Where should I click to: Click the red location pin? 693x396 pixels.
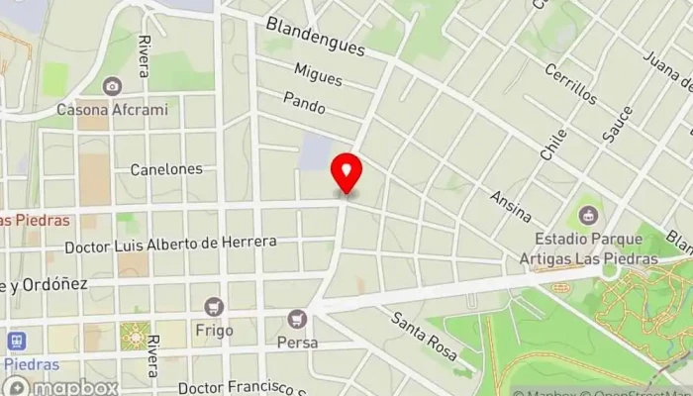346,174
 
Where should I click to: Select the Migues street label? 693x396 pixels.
318,72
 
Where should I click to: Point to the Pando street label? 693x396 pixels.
304,101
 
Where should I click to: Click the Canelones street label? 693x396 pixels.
166,169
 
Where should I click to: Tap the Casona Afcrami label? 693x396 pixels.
112,109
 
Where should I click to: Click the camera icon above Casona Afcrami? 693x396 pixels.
112,86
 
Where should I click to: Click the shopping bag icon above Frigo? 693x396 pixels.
214,306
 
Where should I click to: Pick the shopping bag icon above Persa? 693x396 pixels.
296,319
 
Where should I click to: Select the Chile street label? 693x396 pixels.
552,144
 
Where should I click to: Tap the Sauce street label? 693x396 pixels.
617,125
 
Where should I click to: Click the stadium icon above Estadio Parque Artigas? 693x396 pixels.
588,213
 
